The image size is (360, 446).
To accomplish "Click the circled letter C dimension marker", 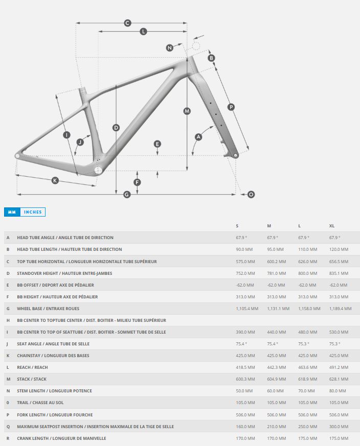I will pos(128,23).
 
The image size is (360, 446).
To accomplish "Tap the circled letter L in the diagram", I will pos(143,32).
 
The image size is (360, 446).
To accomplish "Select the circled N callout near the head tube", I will pos(170,48).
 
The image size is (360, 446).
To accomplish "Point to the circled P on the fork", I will pos(231,107).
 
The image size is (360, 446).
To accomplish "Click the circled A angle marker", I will pos(198,137).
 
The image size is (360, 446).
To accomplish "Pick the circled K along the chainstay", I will pos(55,180).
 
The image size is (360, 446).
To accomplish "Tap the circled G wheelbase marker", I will pos(127,194).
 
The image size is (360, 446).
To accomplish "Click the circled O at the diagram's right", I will pos(251,194).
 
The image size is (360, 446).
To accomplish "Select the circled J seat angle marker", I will pos(80,142).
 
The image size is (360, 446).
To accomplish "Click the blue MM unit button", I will pos(12,212).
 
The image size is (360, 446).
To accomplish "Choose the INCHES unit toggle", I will pos(33,212).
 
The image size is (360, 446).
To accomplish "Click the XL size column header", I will pos(332,226).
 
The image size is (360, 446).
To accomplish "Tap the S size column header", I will pos(237,226).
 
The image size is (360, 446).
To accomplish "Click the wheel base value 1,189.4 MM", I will pos(340,309).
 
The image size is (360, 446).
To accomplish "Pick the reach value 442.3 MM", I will pos(277,367).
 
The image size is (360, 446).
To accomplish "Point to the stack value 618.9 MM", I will pos(308,379).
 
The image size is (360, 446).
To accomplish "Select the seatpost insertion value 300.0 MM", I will pos(339,427).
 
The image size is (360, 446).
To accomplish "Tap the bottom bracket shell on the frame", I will pos(98,169).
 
